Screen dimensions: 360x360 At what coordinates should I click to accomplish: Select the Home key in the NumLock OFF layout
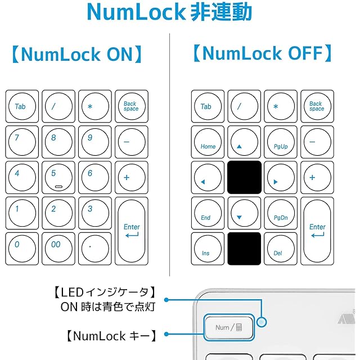(x=208, y=142)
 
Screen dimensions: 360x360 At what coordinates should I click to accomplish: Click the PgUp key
(x=280, y=142)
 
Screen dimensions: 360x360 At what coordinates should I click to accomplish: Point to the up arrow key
(x=244, y=142)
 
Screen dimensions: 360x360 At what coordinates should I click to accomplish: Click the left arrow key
(x=208, y=178)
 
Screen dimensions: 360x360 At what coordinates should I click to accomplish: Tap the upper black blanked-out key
(x=244, y=178)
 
